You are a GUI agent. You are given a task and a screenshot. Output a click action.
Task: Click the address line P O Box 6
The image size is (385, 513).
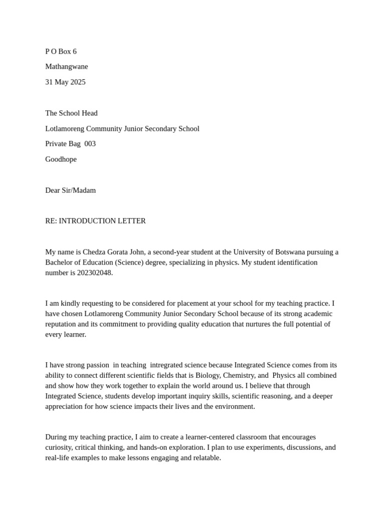pos(61,52)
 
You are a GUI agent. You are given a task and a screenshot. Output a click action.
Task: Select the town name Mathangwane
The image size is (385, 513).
pos(66,67)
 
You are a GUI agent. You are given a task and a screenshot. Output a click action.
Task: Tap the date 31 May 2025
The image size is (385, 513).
pos(65,82)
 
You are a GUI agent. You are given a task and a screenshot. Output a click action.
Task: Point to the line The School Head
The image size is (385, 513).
pos(71,113)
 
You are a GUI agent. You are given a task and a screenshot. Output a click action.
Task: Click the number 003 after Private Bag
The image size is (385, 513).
pos(90,144)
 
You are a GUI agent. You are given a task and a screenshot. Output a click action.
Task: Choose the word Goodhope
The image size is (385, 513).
pos(61,159)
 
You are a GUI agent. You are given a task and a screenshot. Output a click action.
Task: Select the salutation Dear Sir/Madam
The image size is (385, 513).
pos(70,190)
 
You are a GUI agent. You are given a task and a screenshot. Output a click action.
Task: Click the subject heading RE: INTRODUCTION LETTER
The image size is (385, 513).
pos(95,221)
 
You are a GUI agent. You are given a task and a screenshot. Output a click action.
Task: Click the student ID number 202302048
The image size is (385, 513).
pos(95,273)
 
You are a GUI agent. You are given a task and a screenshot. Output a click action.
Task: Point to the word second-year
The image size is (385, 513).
pos(173,252)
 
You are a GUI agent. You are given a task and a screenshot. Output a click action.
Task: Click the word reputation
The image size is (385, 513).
pos(62,324)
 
